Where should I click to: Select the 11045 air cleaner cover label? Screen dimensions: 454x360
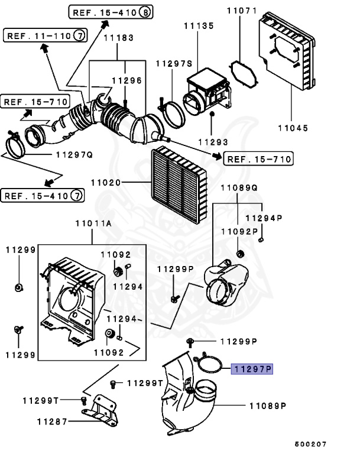[x=293, y=127]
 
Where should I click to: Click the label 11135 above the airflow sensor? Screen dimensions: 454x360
[x=197, y=27]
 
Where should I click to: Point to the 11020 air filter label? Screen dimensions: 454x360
[x=106, y=183]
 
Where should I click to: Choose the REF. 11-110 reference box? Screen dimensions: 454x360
[x=44, y=36]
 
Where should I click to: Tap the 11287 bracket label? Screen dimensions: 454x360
[x=50, y=421]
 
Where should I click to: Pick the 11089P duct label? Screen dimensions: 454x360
[x=267, y=406]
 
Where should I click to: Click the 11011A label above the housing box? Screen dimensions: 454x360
[x=93, y=224]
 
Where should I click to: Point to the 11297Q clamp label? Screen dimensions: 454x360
[x=73, y=155]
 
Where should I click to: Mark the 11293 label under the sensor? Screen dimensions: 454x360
[x=213, y=142]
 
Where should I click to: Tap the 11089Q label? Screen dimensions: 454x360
[x=239, y=188]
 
